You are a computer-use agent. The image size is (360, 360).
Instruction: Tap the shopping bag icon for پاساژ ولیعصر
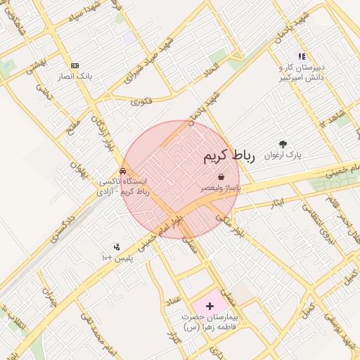221,177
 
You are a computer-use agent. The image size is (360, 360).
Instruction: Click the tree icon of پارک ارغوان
283,144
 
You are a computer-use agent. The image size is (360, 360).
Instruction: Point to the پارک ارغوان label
283,155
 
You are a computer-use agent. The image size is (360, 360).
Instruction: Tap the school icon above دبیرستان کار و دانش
302,56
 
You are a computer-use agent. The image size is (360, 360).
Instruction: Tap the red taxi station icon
124,170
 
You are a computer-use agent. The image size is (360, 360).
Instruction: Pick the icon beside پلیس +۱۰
117,247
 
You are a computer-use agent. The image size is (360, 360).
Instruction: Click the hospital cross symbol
210,306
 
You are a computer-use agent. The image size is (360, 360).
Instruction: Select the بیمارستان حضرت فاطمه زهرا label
210,323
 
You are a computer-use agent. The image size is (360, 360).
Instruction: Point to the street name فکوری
141,101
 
